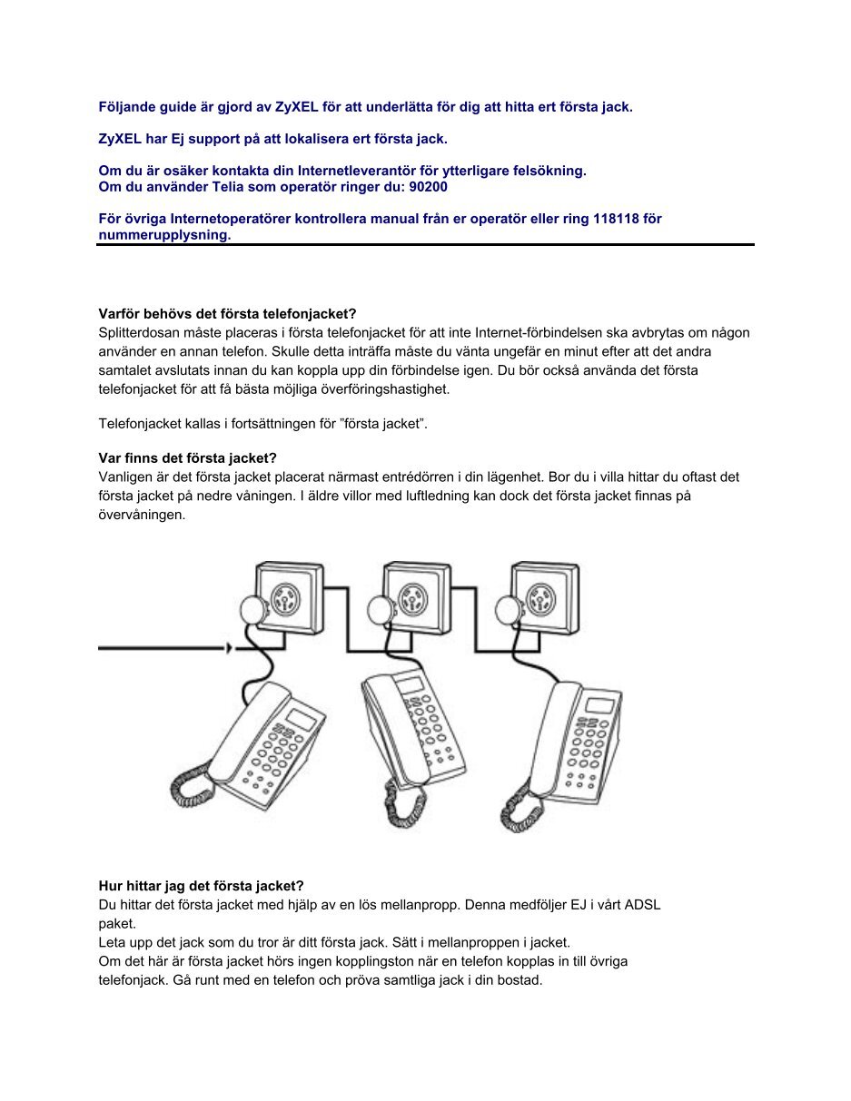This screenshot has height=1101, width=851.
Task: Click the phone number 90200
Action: pyautogui.click(x=428, y=187)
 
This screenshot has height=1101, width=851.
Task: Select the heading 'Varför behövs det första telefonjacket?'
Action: pyautogui.click(x=228, y=314)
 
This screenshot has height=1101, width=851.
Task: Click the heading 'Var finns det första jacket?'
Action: pyautogui.click(x=187, y=458)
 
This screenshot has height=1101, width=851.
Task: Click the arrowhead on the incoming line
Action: pyautogui.click(x=229, y=648)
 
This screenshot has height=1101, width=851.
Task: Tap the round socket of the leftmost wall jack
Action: pyautogui.click(x=286, y=599)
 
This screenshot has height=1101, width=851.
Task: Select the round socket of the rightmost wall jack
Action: pyautogui.click(x=540, y=599)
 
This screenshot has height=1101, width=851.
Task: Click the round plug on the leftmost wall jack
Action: pyautogui.click(x=251, y=610)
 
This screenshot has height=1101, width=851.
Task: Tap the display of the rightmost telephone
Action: pyautogui.click(x=599, y=705)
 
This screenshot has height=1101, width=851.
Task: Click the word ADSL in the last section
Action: pyautogui.click(x=642, y=904)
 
